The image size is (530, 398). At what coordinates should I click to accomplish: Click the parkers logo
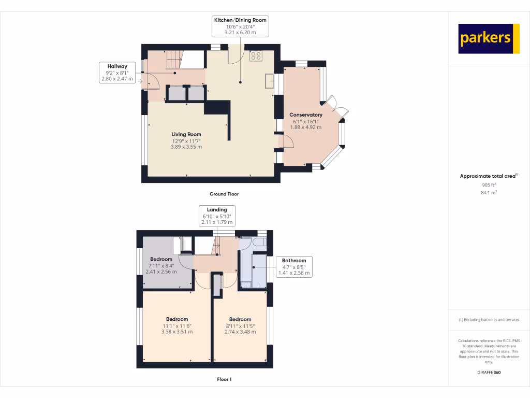click(489, 39)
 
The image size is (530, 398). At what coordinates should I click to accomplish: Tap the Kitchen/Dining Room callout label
click(241, 26)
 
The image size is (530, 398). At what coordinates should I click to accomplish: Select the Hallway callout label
click(117, 73)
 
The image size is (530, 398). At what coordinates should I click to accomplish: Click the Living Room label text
click(186, 140)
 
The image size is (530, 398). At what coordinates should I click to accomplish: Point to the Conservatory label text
click(305, 121)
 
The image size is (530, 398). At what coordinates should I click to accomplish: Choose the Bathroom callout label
click(293, 266)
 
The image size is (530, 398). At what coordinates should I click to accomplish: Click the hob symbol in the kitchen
click(256, 55)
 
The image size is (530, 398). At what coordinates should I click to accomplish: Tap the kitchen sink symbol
click(269, 81)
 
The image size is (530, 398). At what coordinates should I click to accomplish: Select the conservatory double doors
click(338, 107)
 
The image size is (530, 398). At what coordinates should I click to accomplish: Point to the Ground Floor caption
click(224, 194)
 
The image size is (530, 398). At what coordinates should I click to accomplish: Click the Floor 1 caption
click(224, 379)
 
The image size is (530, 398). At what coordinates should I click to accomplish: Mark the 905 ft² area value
click(489, 184)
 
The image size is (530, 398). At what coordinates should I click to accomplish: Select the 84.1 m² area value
click(489, 192)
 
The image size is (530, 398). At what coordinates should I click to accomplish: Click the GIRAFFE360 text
click(489, 373)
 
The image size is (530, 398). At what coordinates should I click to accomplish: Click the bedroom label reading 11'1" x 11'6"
click(177, 325)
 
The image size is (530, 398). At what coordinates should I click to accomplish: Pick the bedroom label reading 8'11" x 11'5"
click(240, 325)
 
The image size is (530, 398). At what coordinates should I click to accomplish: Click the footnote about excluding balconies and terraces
click(489, 320)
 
